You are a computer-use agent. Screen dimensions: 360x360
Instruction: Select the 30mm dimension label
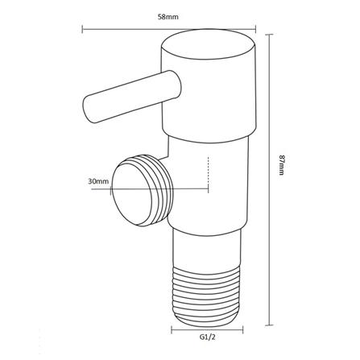(98, 182)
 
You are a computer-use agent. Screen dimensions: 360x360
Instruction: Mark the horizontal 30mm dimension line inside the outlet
(161, 189)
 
